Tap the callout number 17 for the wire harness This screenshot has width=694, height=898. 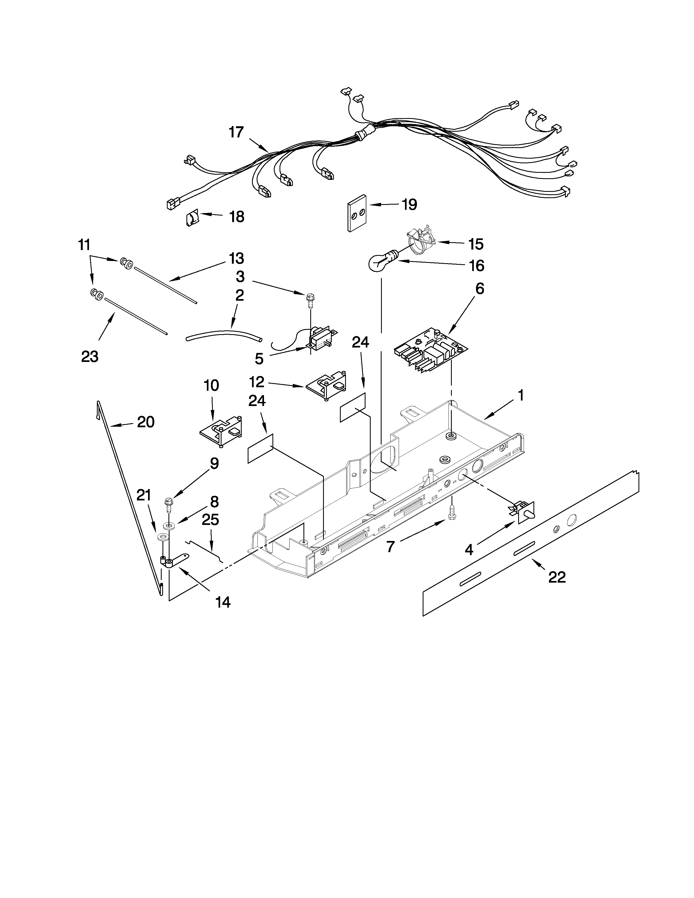click(x=237, y=133)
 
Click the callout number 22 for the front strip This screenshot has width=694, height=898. click(x=557, y=577)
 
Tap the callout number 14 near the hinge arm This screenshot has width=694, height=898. click(x=223, y=602)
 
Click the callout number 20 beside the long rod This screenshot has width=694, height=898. click(x=146, y=422)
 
